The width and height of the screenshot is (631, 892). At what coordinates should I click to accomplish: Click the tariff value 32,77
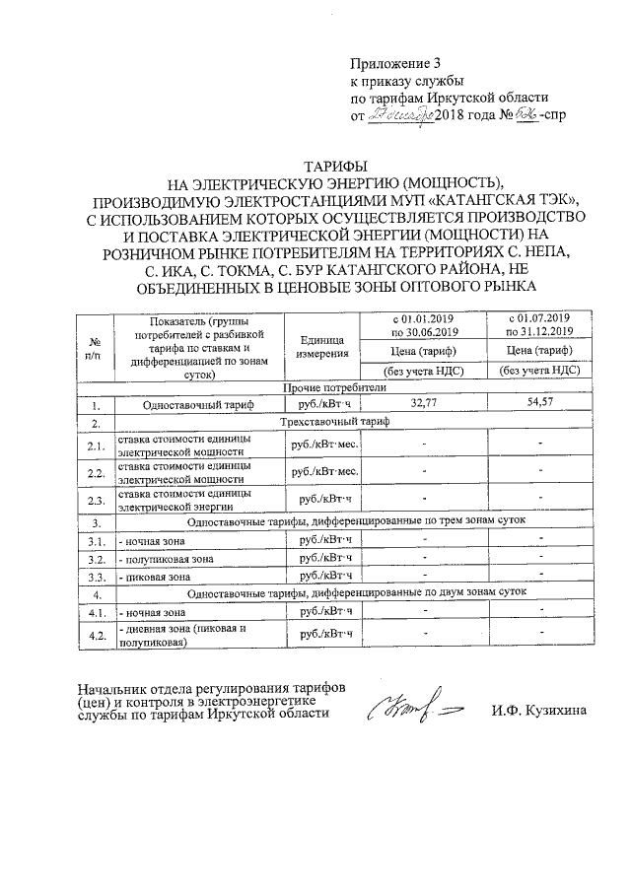tap(423, 403)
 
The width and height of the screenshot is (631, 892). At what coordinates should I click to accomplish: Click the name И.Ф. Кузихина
tap(537, 712)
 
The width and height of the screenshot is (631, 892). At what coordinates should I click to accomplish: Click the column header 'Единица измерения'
tap(323, 345)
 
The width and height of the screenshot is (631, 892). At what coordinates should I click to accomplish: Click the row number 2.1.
tap(97, 445)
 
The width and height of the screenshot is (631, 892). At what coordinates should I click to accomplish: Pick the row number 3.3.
tap(97, 576)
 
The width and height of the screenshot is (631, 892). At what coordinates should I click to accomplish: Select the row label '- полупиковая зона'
tap(165, 559)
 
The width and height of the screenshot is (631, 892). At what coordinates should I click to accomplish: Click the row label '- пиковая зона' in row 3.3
tap(155, 576)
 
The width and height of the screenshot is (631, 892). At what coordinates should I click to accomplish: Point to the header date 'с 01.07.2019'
tap(538, 318)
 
